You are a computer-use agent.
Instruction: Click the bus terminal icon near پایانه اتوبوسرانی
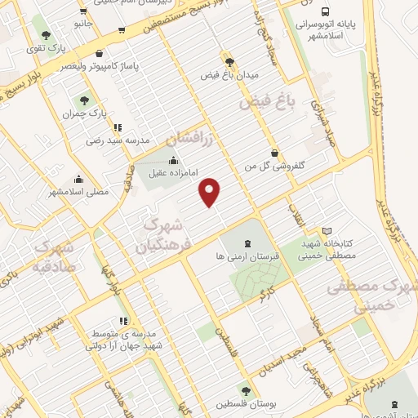point(326,12)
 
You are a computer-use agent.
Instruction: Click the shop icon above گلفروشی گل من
point(274,152)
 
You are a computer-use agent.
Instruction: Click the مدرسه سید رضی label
point(119,140)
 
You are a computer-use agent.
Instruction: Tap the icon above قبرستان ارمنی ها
point(247,242)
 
